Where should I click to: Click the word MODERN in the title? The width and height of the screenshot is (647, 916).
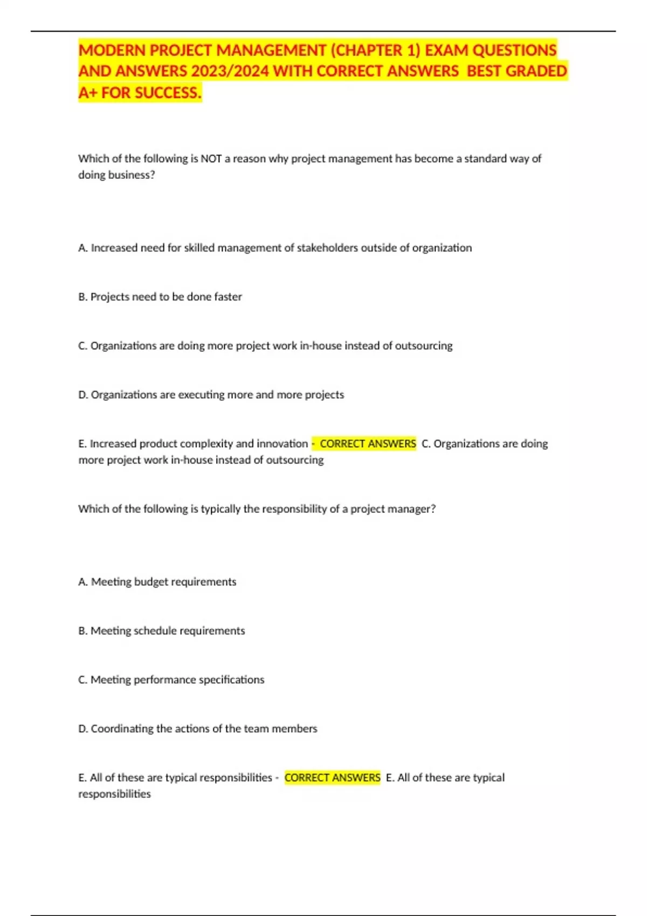click(112, 50)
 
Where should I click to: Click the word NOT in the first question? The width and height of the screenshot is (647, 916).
click(211, 158)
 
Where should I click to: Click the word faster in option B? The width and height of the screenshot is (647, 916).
click(228, 297)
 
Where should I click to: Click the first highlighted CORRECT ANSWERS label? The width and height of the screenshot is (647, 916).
click(368, 444)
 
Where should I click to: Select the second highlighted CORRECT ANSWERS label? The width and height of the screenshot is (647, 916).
click(332, 778)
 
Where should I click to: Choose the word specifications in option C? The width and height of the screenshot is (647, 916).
click(231, 680)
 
